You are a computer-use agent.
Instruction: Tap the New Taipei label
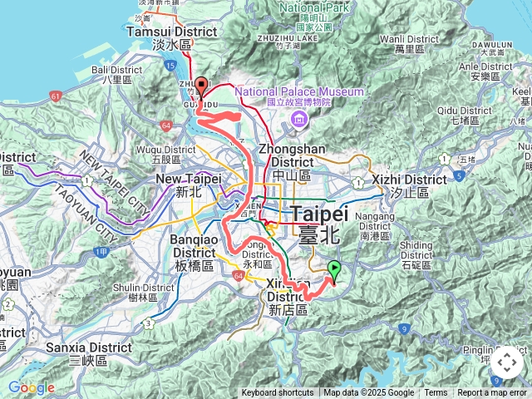click(190, 185)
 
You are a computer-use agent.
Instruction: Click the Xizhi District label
click(409, 185)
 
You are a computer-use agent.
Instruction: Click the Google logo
click(31, 387)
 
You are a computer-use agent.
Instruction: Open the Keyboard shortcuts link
click(278, 393)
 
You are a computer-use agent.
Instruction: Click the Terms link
click(436, 393)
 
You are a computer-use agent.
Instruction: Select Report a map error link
click(492, 393)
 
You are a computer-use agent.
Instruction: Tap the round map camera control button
click(506, 362)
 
